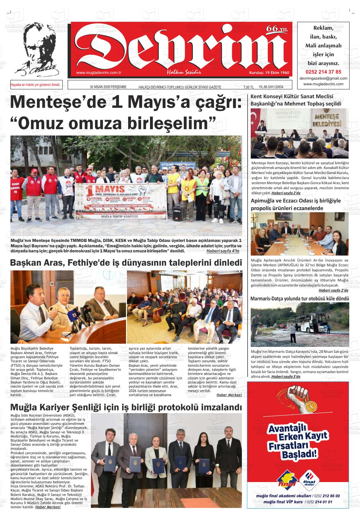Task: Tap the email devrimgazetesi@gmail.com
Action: (323, 78)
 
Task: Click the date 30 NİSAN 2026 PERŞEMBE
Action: (108, 87)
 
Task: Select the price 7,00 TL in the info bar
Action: (249, 87)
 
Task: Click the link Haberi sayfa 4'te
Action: (223, 251)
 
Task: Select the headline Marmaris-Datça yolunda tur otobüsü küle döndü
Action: (299, 299)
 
